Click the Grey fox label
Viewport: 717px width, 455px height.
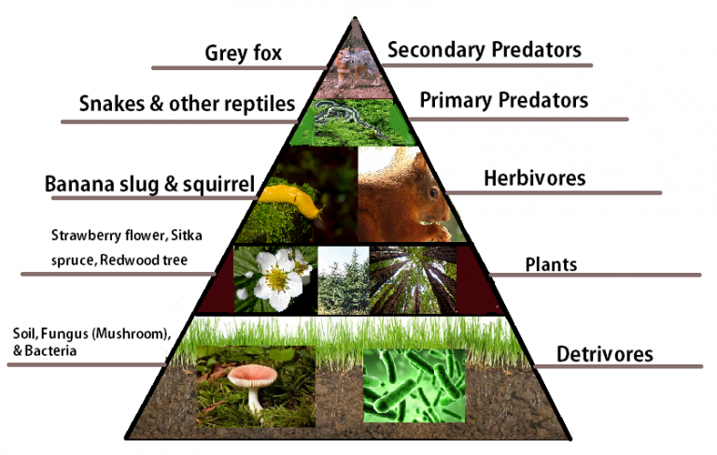coord(244,52)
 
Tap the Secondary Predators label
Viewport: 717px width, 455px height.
coord(484,50)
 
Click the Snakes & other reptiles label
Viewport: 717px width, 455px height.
coord(187,102)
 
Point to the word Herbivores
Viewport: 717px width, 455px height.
coord(534,178)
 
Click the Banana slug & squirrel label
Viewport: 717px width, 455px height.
coord(149,184)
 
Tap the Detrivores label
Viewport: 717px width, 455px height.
coord(605,354)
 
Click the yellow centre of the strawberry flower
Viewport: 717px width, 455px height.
coord(275,279)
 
